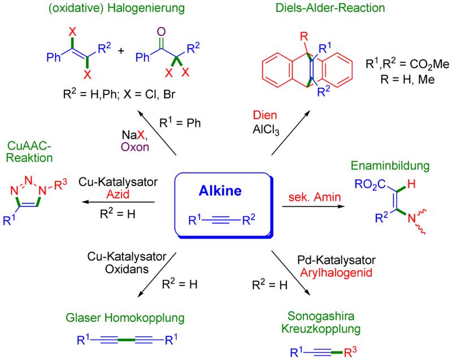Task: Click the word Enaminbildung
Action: tap(390, 167)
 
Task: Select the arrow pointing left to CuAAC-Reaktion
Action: tap(119, 202)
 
